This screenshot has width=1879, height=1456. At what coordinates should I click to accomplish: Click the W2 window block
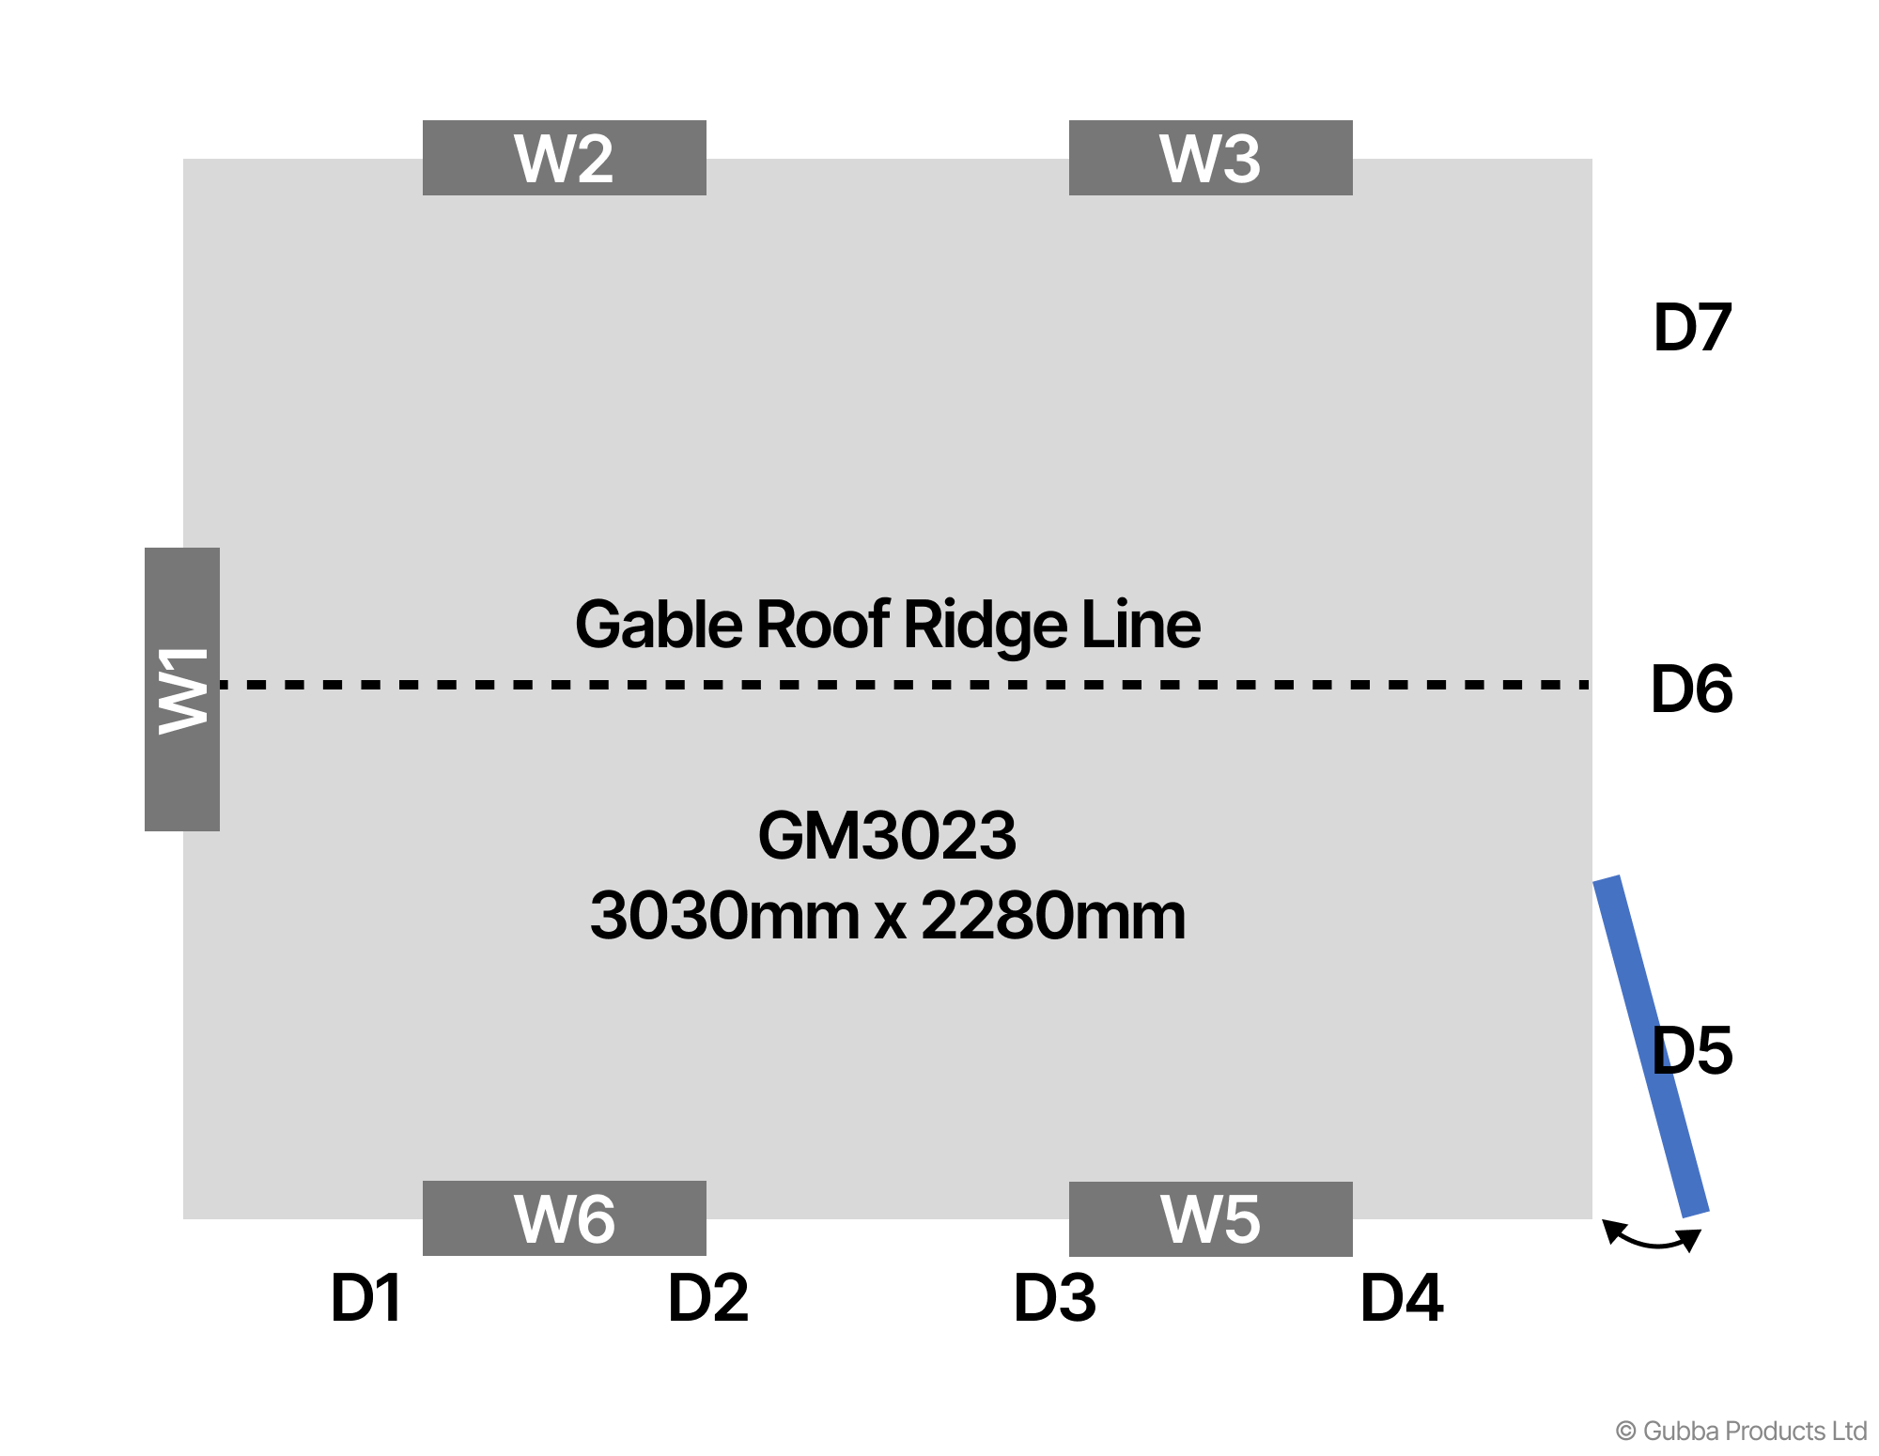coord(564,158)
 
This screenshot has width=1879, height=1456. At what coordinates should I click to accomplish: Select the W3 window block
coord(1210,158)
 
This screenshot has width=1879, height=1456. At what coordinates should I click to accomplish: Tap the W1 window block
coord(182,689)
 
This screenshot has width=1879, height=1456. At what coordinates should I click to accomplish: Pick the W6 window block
coord(564,1218)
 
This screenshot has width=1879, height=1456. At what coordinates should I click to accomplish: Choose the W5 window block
coord(1210,1219)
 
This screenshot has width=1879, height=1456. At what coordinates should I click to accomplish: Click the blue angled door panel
coord(1651,1046)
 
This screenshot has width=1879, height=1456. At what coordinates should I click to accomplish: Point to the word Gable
coord(659,625)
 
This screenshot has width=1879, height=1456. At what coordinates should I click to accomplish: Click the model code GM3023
coord(887,836)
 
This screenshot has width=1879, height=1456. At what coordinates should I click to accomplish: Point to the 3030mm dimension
coord(723,916)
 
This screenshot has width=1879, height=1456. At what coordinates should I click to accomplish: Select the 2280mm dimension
coord(1053,916)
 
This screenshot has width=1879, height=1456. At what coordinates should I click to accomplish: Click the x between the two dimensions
coord(890,920)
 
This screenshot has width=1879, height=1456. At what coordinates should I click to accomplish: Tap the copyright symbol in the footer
coord(1625,1431)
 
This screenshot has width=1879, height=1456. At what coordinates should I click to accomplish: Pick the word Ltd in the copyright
coord(1849,1431)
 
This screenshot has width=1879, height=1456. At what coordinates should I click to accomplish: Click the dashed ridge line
coord(902,685)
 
